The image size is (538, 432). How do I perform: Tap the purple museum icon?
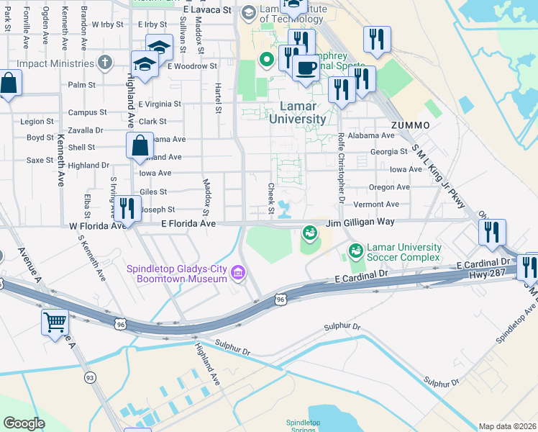point(239,271)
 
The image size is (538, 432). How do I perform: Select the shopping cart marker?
point(55,323)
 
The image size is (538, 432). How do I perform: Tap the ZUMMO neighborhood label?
point(411,125)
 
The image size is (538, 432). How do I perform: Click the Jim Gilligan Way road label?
point(360,223)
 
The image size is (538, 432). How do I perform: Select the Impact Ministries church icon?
point(104,63)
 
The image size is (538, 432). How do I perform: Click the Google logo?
point(24,423)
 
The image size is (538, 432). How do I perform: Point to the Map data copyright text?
point(508,426)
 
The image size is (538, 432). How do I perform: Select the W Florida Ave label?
point(97,225)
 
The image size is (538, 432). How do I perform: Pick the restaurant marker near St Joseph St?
point(127,208)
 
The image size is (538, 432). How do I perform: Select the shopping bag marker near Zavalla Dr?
point(139,145)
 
